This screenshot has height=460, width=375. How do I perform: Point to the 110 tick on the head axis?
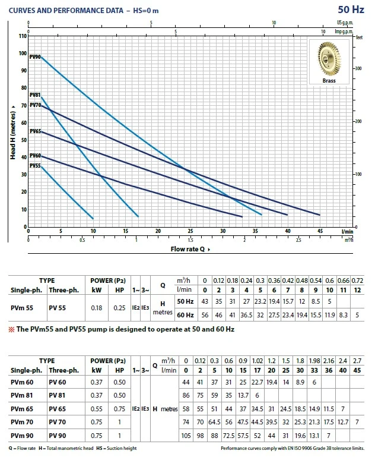coord(23,36)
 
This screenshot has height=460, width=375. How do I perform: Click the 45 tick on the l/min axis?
coord(320,232)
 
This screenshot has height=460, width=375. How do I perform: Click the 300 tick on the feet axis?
coord(358,69)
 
